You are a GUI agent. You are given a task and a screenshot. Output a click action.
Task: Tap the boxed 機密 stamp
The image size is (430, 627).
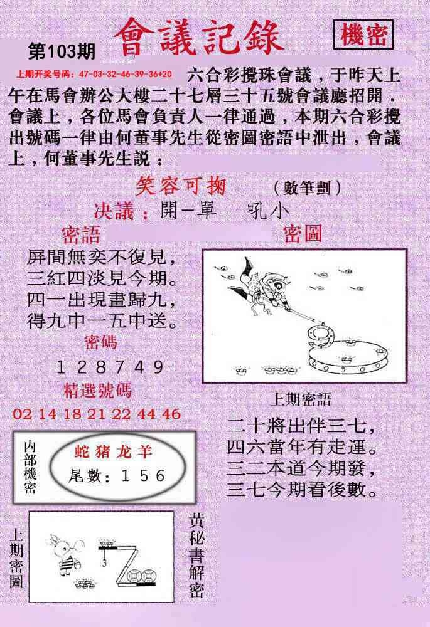tap(363, 34)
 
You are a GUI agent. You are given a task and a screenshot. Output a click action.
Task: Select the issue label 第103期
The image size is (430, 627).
tap(62, 51)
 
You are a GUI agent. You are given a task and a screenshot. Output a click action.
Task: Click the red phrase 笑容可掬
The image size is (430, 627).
tap(181, 186)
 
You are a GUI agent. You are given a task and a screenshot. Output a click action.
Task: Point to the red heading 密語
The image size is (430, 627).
tap(81, 235)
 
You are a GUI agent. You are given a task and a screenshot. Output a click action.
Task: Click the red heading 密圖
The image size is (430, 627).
tap(303, 234)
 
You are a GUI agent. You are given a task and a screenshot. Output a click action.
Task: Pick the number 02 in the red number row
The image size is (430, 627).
tap(22, 414)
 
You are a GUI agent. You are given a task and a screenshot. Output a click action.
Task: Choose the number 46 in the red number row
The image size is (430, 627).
tap(171, 414)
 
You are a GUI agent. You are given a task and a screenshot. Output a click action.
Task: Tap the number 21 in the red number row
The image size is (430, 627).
tap(96, 414)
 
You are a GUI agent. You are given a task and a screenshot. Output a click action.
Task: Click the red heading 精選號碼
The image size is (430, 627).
tap(97, 391)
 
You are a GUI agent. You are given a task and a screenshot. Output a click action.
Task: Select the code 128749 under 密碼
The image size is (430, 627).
tap(110, 367)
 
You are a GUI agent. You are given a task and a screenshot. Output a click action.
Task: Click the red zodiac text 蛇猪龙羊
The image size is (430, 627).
tap(114, 451)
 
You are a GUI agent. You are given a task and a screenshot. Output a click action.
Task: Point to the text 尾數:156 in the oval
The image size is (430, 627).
tap(117, 475)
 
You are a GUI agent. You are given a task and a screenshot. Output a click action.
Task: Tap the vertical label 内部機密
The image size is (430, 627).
tap(30, 468)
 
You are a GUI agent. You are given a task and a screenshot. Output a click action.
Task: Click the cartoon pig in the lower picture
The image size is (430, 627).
tap(66, 554)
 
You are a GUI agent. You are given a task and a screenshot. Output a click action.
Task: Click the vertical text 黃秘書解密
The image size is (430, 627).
tap(196, 556)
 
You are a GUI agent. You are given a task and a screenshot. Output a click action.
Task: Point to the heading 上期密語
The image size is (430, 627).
tap(301, 399)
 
